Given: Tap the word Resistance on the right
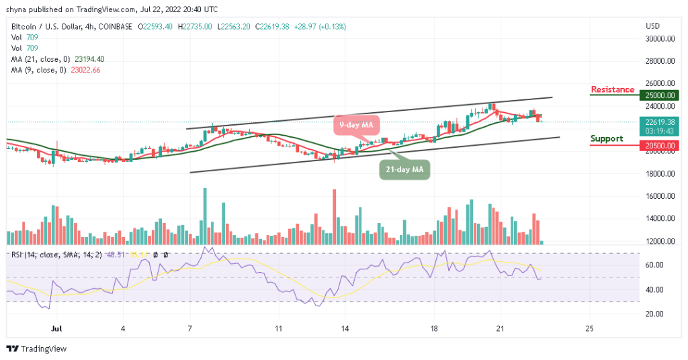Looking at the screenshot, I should (612, 89).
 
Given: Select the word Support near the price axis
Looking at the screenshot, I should (607, 138).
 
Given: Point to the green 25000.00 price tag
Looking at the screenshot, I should (660, 95).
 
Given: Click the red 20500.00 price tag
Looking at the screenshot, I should (660, 145).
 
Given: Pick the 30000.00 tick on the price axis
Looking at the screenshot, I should (659, 39).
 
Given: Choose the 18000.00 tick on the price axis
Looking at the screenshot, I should (659, 174).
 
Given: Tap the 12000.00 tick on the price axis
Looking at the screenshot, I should (659, 241).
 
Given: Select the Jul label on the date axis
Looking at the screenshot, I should (56, 329).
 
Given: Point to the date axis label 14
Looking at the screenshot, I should (345, 329).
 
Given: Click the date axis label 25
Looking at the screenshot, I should (590, 329).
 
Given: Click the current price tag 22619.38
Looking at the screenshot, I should (659, 122).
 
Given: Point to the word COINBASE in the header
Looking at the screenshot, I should (114, 26).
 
